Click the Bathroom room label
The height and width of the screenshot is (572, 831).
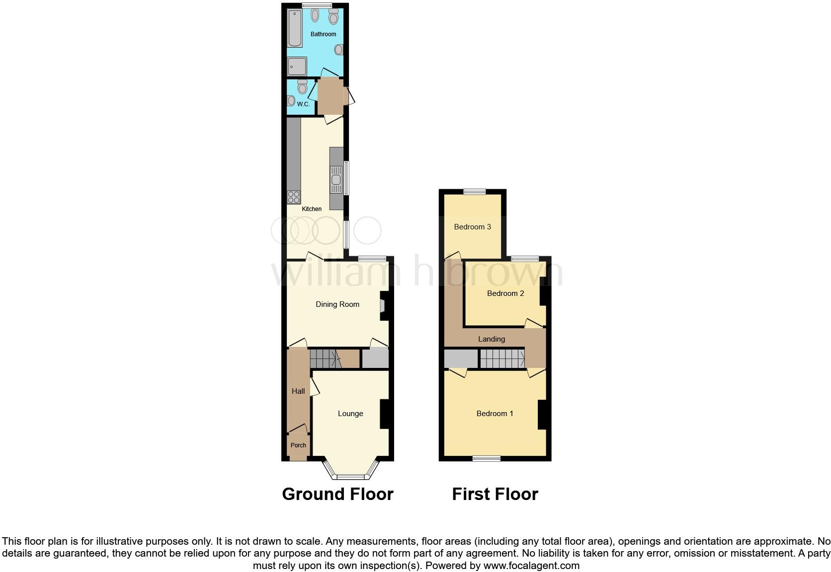point(323,34)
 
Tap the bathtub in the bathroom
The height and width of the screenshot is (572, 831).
point(295,28)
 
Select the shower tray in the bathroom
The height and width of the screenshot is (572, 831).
point(297,66)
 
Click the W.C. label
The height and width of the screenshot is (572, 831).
point(303,104)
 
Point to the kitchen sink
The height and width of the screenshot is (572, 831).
point(336,179)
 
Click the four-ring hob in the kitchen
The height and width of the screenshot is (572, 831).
point(293,197)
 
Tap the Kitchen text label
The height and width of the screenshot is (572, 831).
point(312,209)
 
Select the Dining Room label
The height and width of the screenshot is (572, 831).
point(337,304)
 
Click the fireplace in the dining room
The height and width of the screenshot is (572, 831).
point(383,304)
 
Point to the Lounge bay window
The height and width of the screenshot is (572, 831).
point(351,475)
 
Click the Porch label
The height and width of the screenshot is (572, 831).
point(298,445)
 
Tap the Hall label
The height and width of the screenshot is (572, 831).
point(298,391)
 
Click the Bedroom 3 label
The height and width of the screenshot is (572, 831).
point(472,227)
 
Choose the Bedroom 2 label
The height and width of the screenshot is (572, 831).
point(505,293)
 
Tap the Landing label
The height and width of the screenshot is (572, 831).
point(492,339)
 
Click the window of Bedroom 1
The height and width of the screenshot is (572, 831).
point(486,458)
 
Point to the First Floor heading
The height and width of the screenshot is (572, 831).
point(495,494)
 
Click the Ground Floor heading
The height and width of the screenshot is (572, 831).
point(337,494)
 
